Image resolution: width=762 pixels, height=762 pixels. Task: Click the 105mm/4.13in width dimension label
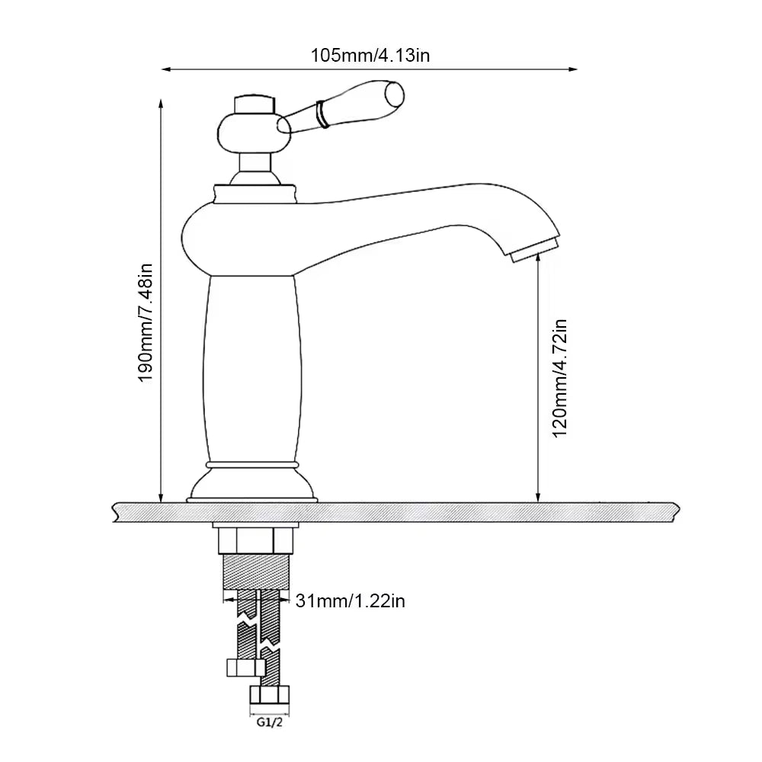370,56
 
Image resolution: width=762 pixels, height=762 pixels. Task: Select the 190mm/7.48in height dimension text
146,323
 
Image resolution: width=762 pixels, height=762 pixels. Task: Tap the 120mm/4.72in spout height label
560,378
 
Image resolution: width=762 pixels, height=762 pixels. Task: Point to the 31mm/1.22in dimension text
350,601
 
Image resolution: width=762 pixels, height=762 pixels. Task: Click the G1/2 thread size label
270,722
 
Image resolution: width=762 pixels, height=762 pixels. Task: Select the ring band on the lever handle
322,114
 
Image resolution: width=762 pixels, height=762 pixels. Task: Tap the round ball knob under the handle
255,132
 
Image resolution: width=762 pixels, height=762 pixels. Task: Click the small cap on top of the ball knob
254,104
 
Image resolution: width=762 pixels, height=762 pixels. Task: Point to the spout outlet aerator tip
535,249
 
